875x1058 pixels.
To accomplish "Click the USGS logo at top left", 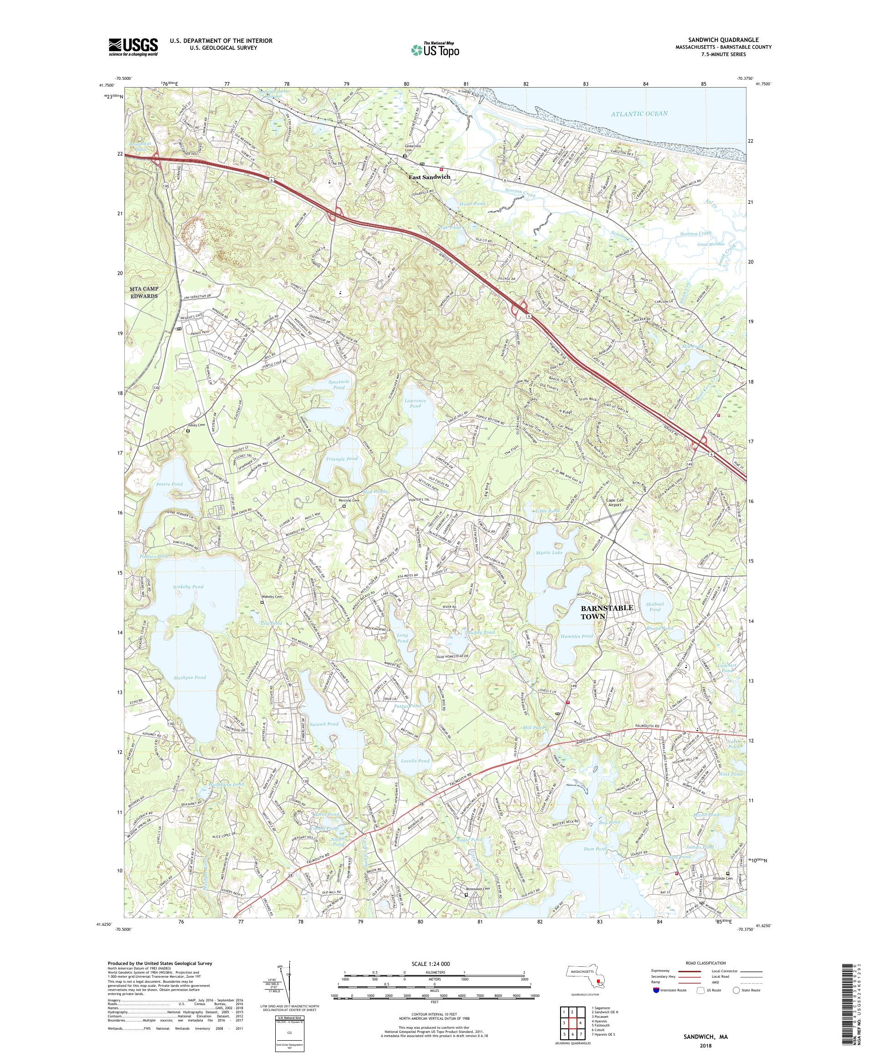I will (x=133, y=47).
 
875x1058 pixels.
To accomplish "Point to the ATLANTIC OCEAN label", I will (x=639, y=114).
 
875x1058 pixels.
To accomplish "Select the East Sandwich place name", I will (x=429, y=177).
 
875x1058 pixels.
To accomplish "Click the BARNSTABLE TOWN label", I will (x=599, y=612).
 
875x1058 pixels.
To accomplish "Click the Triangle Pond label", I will (x=345, y=458).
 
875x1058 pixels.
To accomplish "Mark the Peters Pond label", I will (x=169, y=484).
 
